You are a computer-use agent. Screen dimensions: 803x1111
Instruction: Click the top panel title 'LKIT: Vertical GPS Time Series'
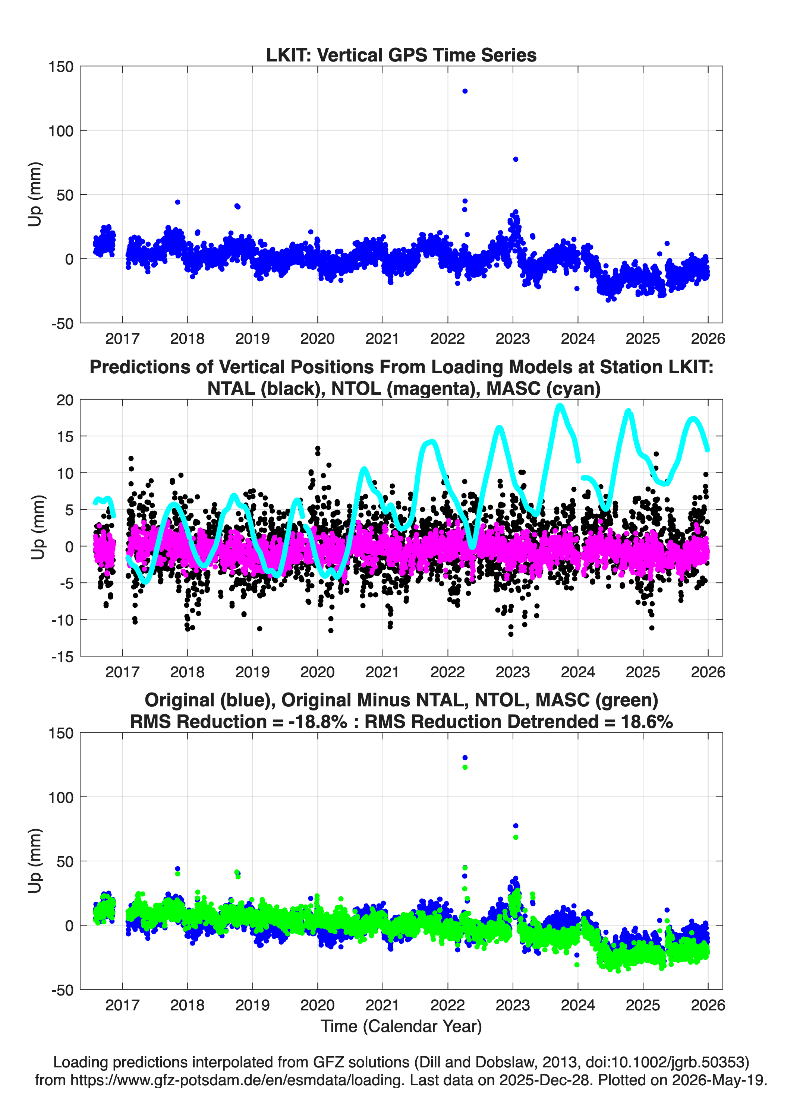click(401, 55)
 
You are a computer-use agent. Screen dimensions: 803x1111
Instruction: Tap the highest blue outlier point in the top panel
click(465, 91)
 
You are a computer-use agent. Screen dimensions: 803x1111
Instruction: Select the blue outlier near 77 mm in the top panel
click(515, 159)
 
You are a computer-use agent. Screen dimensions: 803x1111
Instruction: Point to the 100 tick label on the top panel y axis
click(61, 131)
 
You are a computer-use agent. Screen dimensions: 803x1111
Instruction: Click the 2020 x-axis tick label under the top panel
click(317, 339)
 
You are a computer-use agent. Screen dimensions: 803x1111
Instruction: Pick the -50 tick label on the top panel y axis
click(63, 324)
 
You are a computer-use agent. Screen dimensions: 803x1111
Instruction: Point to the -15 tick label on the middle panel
click(63, 657)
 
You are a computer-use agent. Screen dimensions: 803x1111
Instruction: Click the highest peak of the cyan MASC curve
click(560, 406)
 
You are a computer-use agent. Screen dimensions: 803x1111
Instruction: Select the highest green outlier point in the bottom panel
click(465, 767)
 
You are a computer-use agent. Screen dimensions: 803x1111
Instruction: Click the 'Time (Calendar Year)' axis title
click(401, 1026)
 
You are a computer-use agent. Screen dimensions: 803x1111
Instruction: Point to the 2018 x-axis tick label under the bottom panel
click(187, 1005)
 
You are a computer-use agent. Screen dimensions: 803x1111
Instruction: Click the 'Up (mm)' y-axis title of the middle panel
click(37, 528)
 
